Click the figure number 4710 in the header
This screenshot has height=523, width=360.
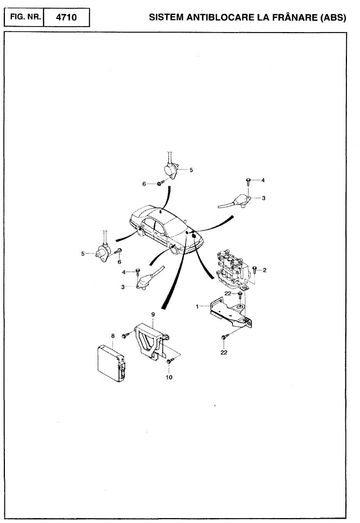click(67, 17)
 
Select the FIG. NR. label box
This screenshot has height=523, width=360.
click(24, 17)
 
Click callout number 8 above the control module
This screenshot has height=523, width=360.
click(112, 336)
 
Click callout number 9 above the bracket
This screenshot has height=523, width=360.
click(153, 314)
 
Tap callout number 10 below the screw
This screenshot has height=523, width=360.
click(169, 377)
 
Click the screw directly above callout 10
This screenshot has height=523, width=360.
click(170, 361)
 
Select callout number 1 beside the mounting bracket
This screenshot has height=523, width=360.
click(197, 306)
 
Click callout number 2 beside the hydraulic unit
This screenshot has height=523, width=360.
click(264, 270)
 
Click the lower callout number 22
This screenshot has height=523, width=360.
click(224, 352)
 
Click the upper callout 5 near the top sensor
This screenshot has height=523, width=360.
click(191, 170)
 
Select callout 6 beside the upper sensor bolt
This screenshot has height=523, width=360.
click(144, 184)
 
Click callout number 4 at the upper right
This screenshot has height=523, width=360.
click(263, 180)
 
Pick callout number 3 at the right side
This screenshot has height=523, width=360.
click(263, 198)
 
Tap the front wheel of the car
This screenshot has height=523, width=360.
click(174, 249)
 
